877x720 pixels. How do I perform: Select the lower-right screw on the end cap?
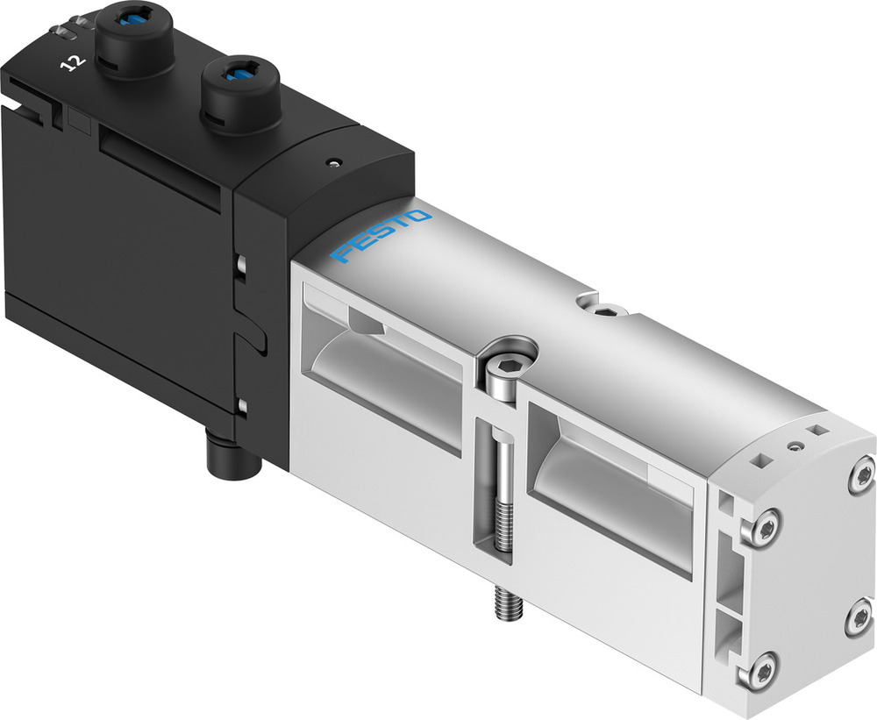click(859, 618)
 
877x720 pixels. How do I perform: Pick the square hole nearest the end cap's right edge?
click(819, 430)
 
